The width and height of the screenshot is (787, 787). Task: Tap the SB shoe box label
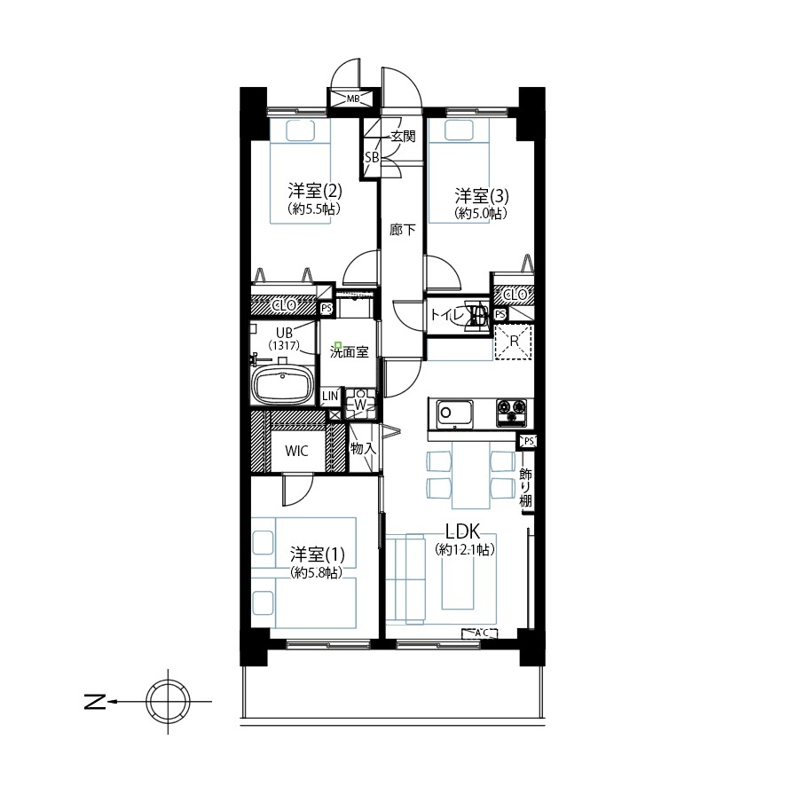click(x=372, y=157)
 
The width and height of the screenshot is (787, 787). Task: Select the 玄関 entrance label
click(x=402, y=137)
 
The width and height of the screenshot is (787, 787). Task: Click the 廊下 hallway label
click(x=402, y=231)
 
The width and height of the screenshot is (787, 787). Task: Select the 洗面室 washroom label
click(x=349, y=351)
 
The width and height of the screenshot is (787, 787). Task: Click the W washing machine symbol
click(x=361, y=404)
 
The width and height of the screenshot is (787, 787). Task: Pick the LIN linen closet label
click(x=330, y=396)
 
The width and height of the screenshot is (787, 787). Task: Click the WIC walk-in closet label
click(x=296, y=451)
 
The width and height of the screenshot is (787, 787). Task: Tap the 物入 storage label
click(x=363, y=449)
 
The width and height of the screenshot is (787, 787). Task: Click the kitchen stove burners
click(x=512, y=411)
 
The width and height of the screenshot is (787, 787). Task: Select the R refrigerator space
click(x=512, y=341)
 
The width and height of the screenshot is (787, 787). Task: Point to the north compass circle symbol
click(x=167, y=702)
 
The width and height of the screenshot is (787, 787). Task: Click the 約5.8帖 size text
click(x=315, y=573)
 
